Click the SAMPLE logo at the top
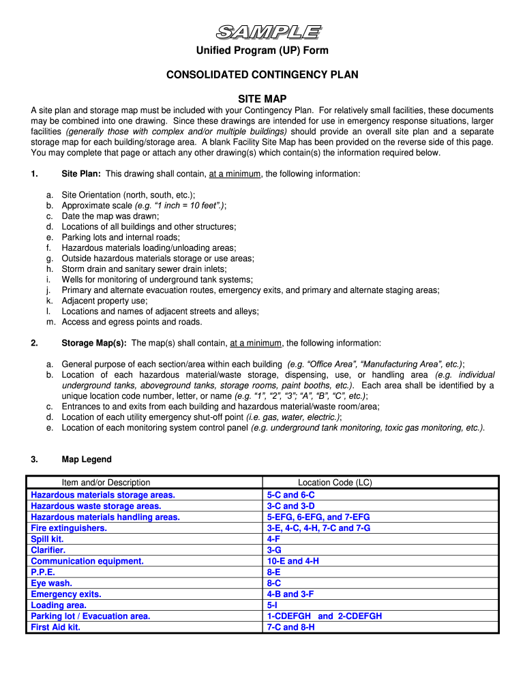coord(268,32)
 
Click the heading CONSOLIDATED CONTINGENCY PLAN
coord(262,74)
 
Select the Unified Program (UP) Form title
coord(262,51)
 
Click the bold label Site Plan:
coord(81,174)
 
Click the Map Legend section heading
coord(87,459)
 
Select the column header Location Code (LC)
coord(335,483)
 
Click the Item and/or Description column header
coord(106,483)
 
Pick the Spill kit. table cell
coord(47,539)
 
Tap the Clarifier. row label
coord(48,550)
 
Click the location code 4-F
coord(273,539)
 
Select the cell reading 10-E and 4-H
coord(293,561)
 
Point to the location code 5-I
coord(272,605)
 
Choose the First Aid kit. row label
coord(55,627)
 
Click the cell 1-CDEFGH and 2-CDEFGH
coord(325,616)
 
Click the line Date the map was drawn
coord(110,216)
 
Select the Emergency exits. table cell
coord(66,594)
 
